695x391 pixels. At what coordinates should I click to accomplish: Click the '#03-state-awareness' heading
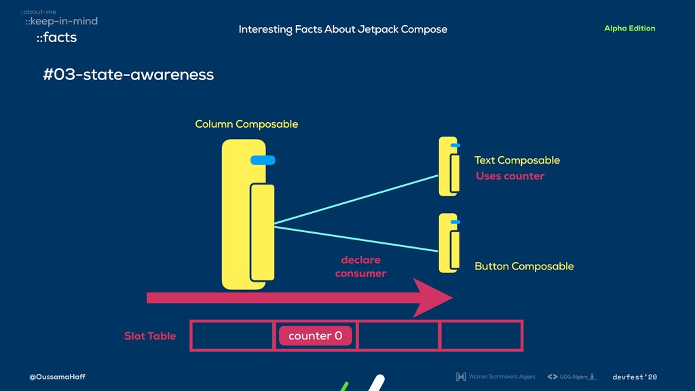tap(128, 75)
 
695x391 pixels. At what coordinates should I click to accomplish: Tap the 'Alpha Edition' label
tap(629, 29)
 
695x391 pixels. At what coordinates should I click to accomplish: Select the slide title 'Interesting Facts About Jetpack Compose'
tap(343, 29)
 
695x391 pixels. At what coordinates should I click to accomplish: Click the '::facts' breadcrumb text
tap(56, 38)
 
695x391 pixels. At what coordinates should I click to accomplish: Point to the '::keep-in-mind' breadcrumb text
tap(61, 21)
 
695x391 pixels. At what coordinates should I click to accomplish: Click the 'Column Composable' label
tap(246, 124)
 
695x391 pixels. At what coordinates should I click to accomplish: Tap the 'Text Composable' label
tap(516, 160)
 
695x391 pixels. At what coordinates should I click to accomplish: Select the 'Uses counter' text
tap(510, 176)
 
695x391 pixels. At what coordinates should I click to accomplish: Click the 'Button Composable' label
tap(524, 266)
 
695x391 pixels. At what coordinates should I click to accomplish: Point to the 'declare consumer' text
tap(360, 267)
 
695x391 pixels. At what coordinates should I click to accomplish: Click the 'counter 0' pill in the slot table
tap(315, 336)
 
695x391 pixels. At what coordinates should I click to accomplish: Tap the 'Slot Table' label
tap(149, 336)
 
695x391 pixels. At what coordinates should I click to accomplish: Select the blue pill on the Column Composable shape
tap(262, 160)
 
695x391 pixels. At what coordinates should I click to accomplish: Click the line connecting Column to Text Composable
tap(356, 199)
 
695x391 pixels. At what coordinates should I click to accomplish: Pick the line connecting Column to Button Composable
tap(356, 239)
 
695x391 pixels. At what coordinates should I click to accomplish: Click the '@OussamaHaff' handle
tap(57, 377)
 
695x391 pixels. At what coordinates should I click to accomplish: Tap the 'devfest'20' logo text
tap(635, 377)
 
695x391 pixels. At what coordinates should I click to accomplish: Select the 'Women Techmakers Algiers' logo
tap(495, 377)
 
